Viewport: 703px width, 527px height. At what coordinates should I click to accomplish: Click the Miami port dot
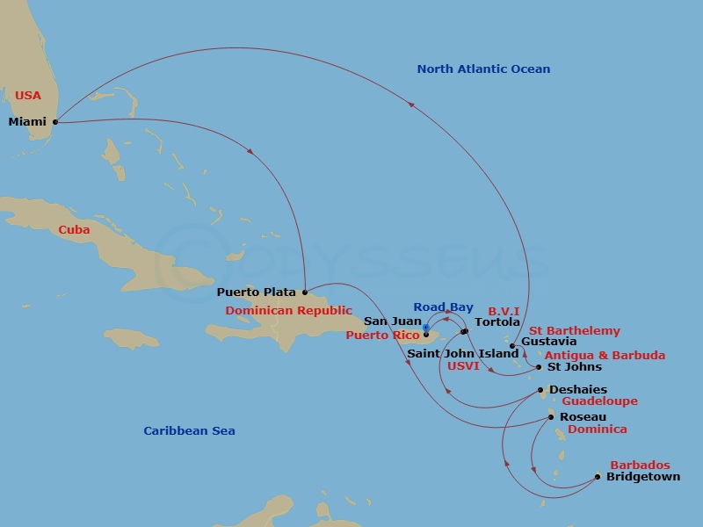[x=54, y=122]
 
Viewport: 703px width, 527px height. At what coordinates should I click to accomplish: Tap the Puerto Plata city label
[x=256, y=292]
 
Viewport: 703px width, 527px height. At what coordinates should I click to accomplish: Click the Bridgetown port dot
[x=598, y=477]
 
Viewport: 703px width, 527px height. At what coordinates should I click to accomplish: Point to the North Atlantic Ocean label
[x=483, y=69]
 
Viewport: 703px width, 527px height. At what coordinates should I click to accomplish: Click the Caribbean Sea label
[x=189, y=431]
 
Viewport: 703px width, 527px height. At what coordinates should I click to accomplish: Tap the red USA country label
[x=27, y=95]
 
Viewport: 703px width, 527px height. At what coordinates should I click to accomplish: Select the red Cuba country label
[x=74, y=230]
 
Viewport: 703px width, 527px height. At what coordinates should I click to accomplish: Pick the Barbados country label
[x=640, y=465]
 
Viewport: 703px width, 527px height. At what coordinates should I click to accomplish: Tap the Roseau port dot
[x=551, y=417]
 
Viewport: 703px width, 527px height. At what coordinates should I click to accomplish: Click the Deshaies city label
[x=577, y=390]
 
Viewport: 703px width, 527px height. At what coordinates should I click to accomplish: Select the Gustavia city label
[x=548, y=342]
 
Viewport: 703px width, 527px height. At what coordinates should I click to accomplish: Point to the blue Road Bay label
[x=443, y=307]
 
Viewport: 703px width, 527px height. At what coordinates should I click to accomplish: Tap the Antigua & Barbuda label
[x=605, y=356]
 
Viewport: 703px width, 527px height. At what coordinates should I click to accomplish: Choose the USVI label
[x=463, y=366]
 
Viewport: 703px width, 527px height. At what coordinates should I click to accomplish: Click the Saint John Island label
[x=462, y=354]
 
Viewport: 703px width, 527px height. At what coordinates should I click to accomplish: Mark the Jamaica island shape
[x=132, y=338]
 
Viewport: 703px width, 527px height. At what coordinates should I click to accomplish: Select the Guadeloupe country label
[x=599, y=401]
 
